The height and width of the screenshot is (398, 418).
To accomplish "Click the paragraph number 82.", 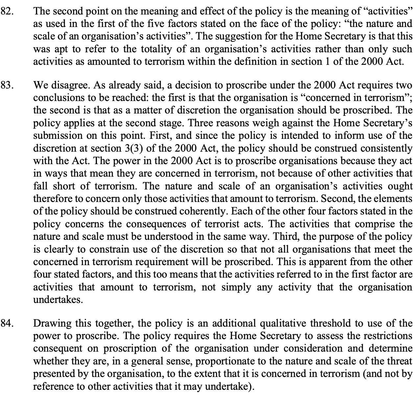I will tap(7, 11).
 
